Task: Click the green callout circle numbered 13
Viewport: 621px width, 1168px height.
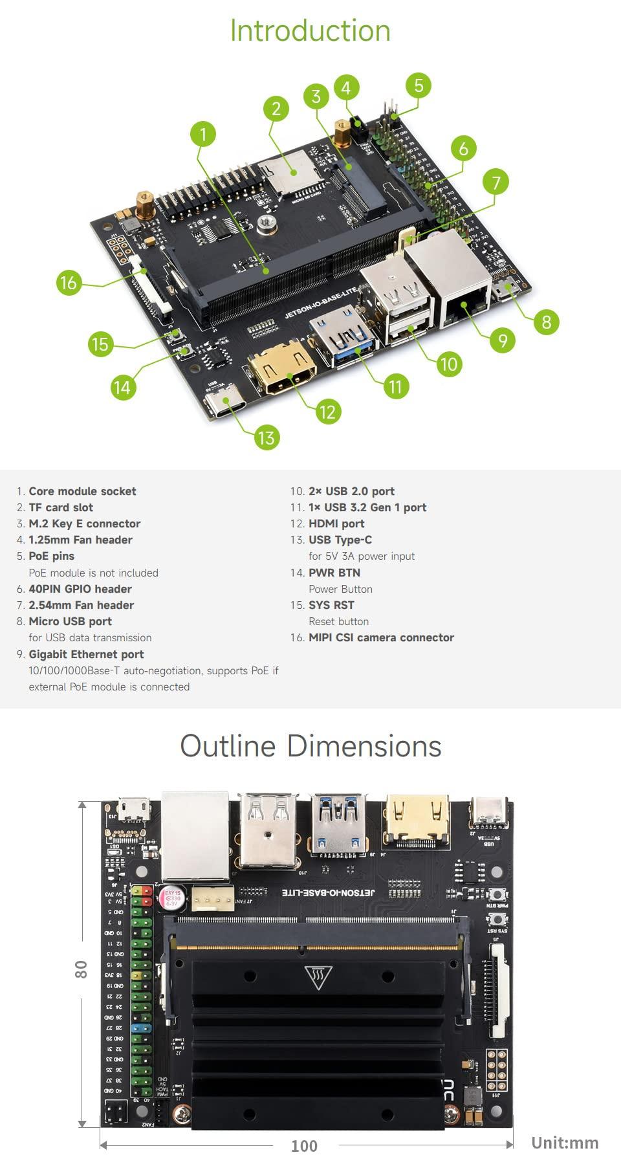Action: (266, 438)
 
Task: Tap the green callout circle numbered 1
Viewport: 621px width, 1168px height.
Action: (203, 135)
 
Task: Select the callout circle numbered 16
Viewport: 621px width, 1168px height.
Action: (68, 283)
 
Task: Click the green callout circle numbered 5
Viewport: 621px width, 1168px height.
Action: (419, 85)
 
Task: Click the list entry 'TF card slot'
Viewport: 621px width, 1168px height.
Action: (61, 507)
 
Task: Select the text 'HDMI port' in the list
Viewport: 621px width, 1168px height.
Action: (336, 523)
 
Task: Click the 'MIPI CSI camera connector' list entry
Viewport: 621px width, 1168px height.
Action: (381, 637)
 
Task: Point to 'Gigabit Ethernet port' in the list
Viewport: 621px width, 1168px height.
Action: (86, 654)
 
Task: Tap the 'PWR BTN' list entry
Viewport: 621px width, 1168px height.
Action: (334, 573)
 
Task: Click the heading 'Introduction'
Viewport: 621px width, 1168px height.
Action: (310, 31)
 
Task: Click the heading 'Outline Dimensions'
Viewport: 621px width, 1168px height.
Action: (310, 746)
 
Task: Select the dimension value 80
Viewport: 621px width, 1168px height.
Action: (81, 969)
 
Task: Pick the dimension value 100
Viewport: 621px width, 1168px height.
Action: (304, 1146)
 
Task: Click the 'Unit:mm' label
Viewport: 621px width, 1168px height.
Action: (565, 1143)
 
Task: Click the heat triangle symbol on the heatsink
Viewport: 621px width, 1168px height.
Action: (318, 977)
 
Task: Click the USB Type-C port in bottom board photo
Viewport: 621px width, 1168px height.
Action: (489, 812)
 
